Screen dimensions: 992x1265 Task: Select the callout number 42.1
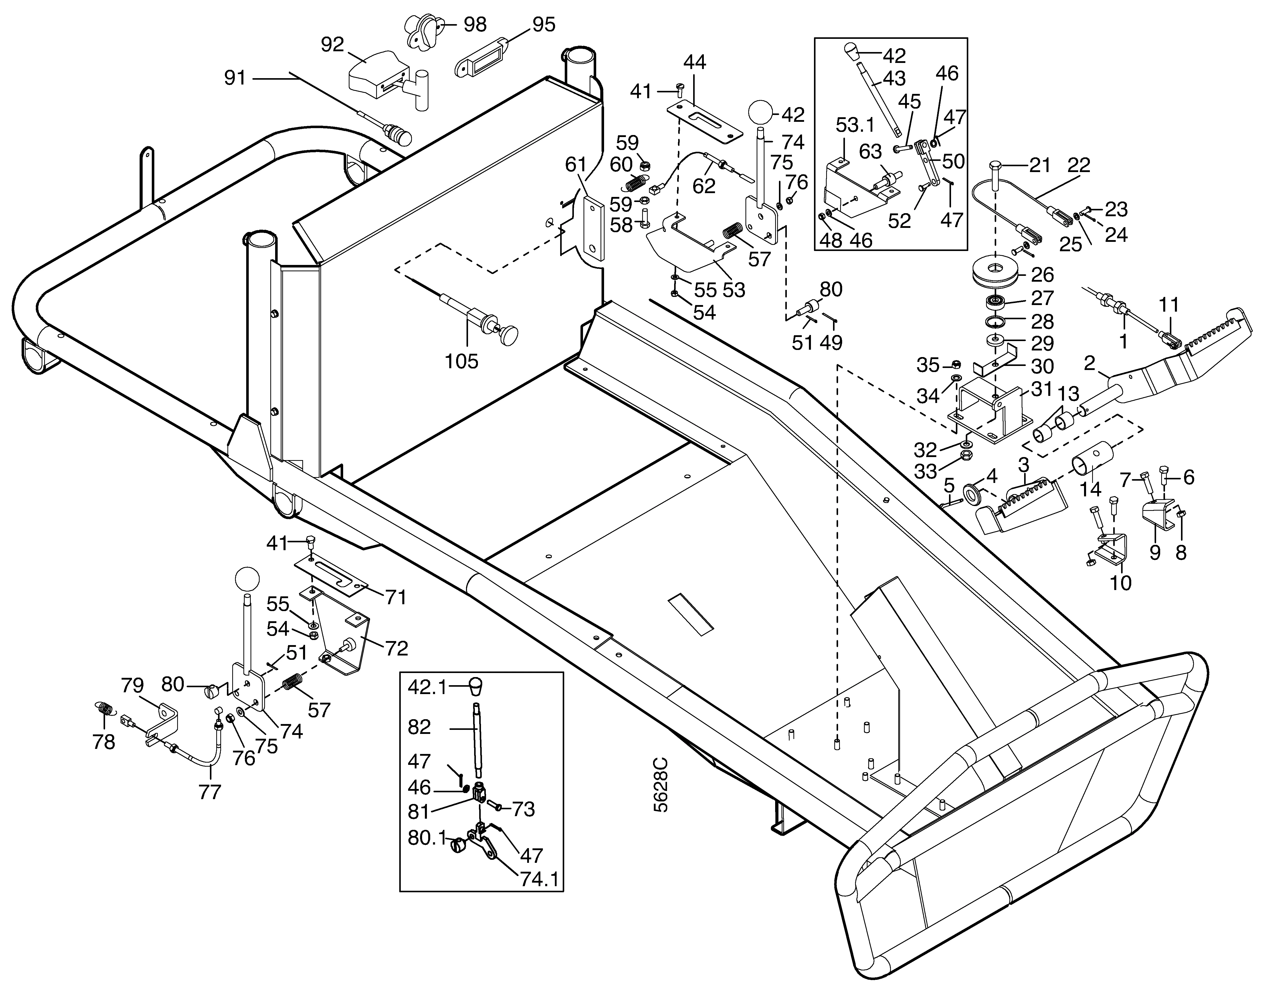[x=427, y=687]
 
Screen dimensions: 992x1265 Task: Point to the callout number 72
[x=396, y=648]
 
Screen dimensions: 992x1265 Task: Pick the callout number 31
[x=1041, y=389]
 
